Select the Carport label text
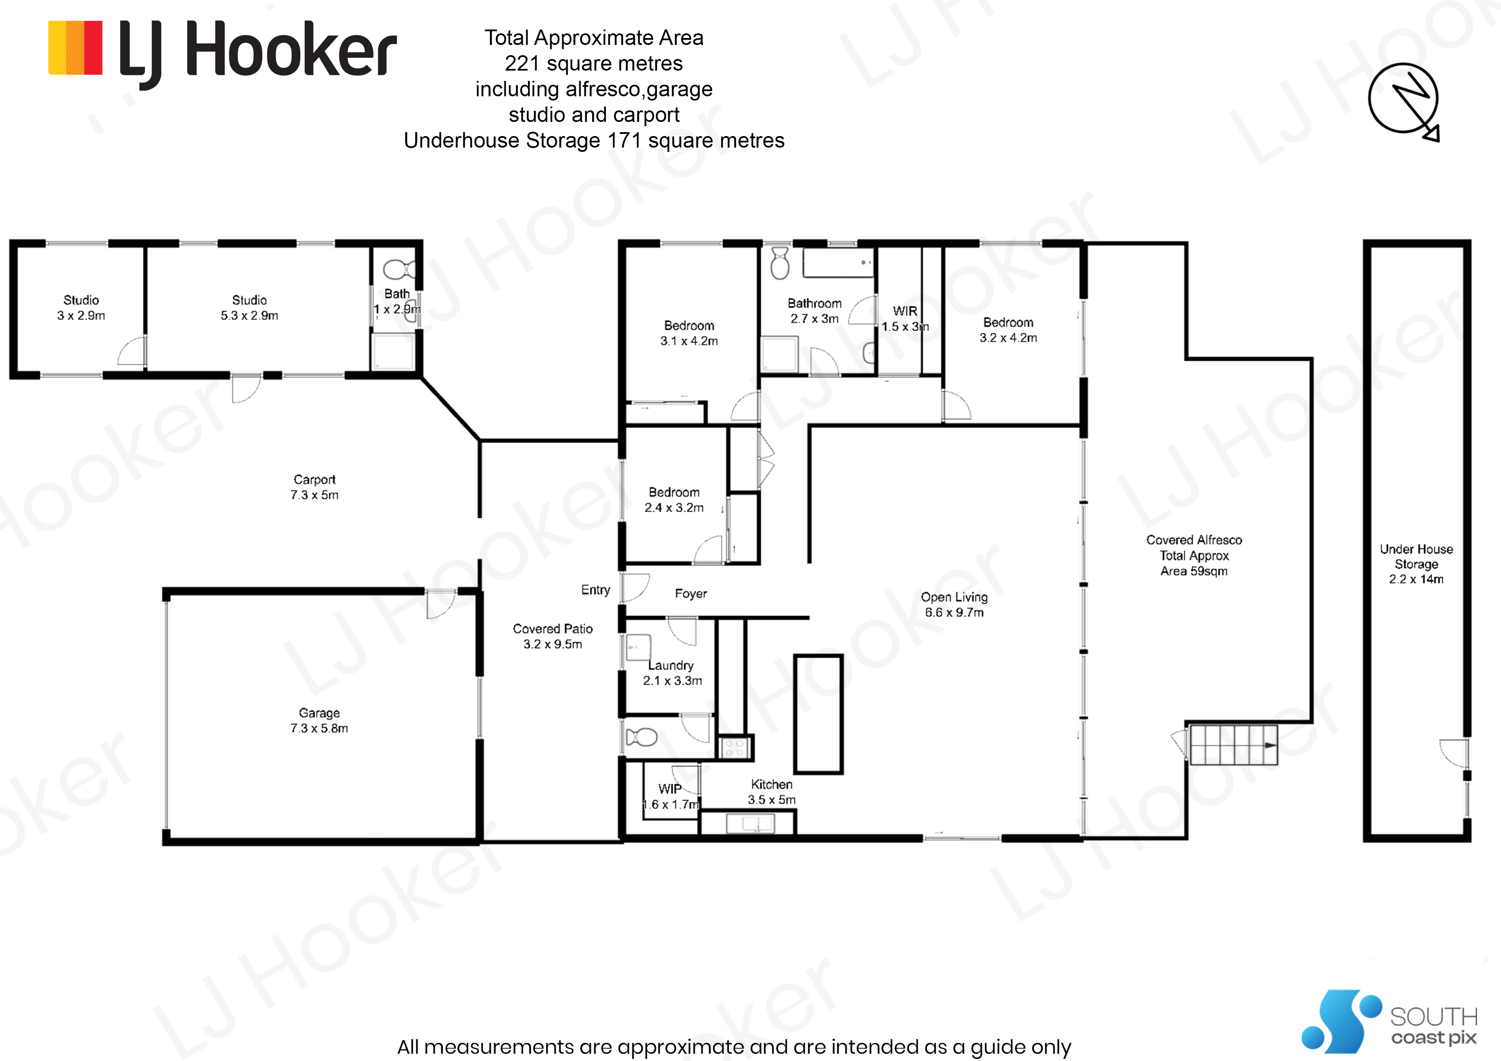[x=314, y=487]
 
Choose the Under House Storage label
[x=1416, y=563]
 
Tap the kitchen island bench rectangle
[x=818, y=714]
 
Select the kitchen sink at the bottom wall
[x=750, y=824]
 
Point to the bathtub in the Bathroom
[x=839, y=263]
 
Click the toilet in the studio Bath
[x=398, y=269]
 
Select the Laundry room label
[x=672, y=673]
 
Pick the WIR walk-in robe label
[x=905, y=318]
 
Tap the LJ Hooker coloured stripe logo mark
[x=75, y=48]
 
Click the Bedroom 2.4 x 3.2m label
[x=674, y=499]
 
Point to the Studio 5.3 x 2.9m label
[x=249, y=307]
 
